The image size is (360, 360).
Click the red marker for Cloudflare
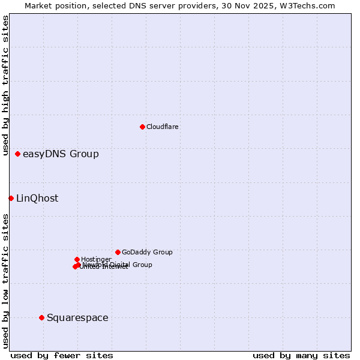(x=142, y=127)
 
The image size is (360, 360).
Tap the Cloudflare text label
(x=163, y=127)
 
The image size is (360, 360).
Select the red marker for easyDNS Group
(x=17, y=154)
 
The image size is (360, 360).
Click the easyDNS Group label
(x=61, y=154)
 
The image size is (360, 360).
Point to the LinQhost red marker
(x=11, y=198)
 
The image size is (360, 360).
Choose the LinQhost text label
(x=37, y=199)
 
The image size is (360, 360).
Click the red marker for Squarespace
(x=41, y=317)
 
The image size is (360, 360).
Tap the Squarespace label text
(x=77, y=318)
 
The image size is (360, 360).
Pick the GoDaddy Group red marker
(x=118, y=252)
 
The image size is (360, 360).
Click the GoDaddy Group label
(x=147, y=253)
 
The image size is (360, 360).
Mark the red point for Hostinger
(x=77, y=259)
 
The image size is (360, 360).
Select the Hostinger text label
(x=96, y=260)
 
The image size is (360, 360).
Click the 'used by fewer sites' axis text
(x=62, y=356)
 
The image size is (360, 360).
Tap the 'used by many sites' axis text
(x=301, y=356)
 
